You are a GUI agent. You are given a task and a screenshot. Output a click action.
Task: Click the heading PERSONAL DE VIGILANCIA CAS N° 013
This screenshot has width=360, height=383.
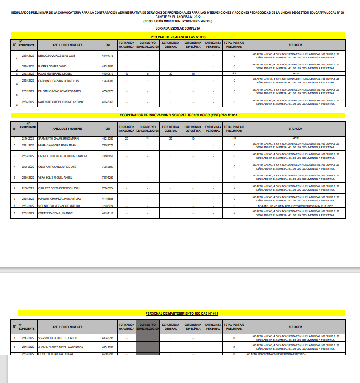click(178, 37)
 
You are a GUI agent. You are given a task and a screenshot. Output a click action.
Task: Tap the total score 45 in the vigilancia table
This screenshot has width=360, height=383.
click(234, 74)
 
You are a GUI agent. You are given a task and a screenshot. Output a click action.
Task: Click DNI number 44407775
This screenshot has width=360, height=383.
click(107, 56)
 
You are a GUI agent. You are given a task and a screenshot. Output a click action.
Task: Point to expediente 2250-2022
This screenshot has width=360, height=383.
click(28, 67)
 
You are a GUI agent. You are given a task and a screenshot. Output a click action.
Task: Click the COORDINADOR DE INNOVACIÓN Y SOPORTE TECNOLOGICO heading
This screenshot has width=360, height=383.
click(178, 116)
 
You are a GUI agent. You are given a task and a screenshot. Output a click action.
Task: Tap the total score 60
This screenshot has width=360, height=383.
click(234, 139)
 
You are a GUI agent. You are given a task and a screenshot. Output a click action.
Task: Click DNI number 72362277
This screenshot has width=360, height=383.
click(107, 146)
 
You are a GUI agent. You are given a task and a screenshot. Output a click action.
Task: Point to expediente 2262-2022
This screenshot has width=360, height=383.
click(28, 213)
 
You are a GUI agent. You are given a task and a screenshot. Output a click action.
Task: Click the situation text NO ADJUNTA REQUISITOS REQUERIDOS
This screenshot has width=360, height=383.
click(295, 206)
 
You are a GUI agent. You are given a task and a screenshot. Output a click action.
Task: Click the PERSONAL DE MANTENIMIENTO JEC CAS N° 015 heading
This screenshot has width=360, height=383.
click(182, 314)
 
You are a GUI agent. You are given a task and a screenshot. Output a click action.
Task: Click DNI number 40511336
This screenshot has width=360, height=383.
click(107, 347)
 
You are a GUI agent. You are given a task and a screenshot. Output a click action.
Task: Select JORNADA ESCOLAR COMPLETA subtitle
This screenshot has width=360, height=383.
click(178, 28)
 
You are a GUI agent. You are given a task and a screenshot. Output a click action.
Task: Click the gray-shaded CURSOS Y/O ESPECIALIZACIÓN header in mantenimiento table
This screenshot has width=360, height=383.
click(147, 327)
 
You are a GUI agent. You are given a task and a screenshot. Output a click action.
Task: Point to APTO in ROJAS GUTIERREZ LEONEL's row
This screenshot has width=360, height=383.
click(295, 74)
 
